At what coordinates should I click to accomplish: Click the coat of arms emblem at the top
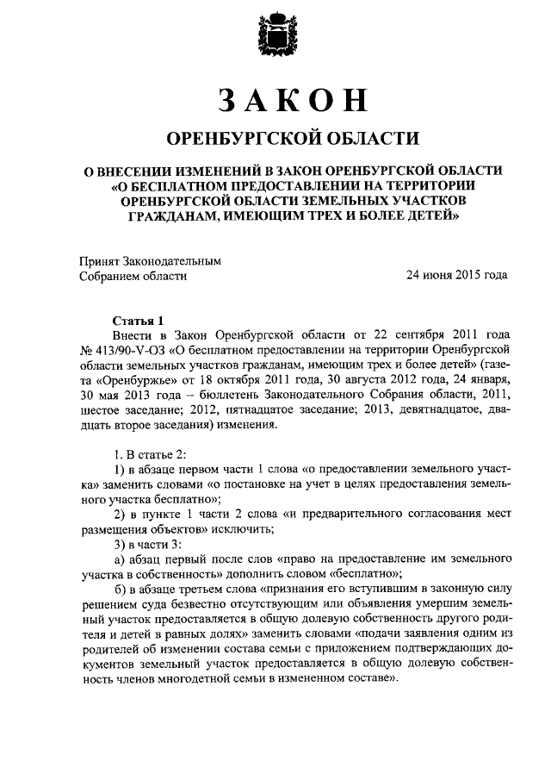click(275, 36)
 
